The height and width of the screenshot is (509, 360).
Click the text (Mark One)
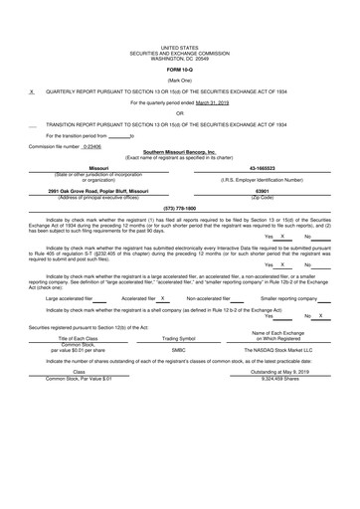(x=180, y=80)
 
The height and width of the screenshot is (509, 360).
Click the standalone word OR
(x=180, y=112)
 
